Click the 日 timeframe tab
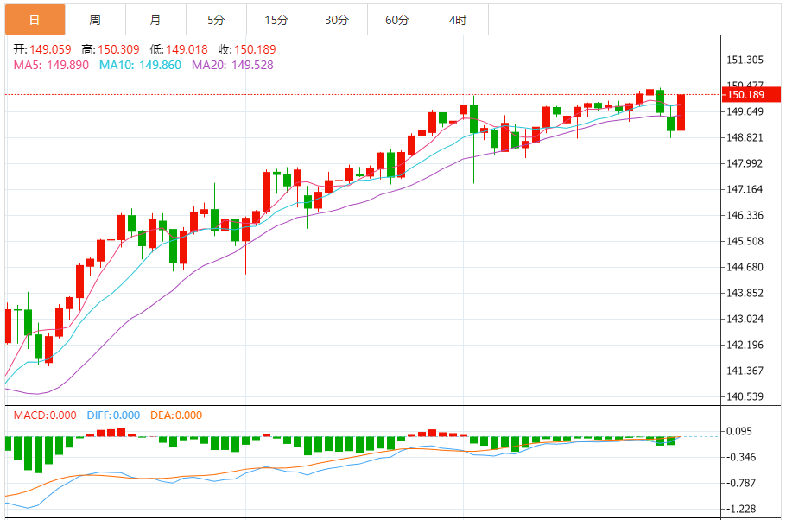pos(35,20)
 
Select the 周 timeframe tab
pos(95,20)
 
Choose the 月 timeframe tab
pos(155,20)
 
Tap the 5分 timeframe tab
pos(216,20)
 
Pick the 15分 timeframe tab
pos(276,20)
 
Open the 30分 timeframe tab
pos(337,20)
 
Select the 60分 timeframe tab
pos(397,20)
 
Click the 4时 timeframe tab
pos(458,20)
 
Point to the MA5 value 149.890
pos(67,65)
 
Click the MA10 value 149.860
pos(157,65)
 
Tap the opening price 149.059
pos(51,50)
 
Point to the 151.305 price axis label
pos(745,60)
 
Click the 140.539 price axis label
pos(745,397)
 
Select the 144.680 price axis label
pos(745,268)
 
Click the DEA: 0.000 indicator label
pos(176,415)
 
